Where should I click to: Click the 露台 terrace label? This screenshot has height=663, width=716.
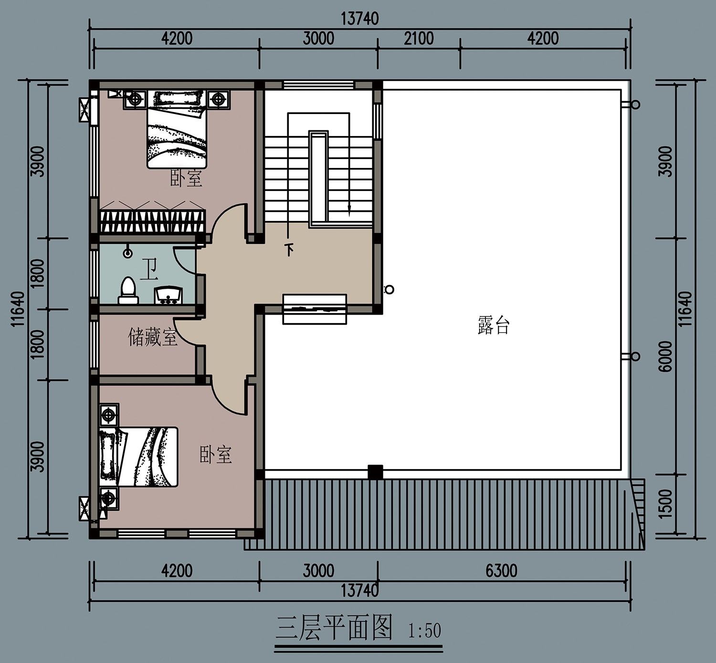[x=493, y=325]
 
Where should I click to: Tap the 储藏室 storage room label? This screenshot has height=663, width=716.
[x=153, y=337]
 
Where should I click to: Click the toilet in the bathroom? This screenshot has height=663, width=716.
[x=128, y=290]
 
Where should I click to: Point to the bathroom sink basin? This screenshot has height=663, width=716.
[x=168, y=295]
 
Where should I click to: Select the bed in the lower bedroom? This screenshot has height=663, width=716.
[x=138, y=457]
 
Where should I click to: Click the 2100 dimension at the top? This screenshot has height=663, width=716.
[x=419, y=39]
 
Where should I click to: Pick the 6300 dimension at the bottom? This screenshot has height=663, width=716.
[x=501, y=571]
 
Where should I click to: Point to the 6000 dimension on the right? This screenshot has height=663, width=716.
[x=665, y=356]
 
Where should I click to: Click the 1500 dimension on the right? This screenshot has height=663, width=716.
[x=665, y=503]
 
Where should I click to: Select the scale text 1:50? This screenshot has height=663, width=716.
[x=424, y=631]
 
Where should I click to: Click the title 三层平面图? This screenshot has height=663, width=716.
[x=334, y=628]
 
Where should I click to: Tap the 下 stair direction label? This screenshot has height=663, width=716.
[x=289, y=249]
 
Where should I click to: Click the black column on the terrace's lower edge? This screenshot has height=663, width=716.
[x=375, y=472]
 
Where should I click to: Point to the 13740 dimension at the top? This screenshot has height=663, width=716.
[x=359, y=19]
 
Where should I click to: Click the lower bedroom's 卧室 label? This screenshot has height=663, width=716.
[x=216, y=454]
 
